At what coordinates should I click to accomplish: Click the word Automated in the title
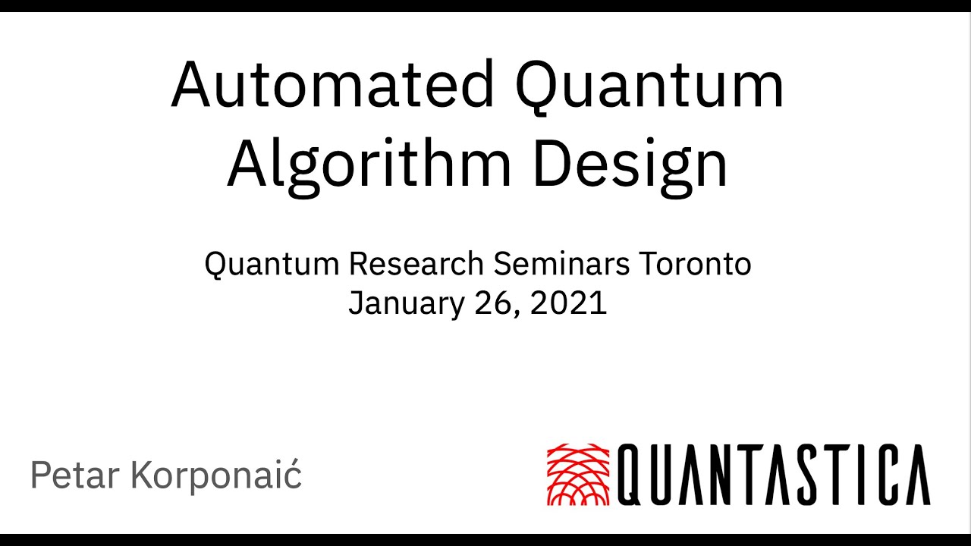pos(332,85)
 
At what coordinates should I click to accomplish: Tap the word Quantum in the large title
pos(649,85)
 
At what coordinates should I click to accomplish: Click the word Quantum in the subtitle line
pos(271,264)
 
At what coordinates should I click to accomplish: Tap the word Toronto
pos(695,264)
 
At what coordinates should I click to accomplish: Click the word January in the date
pos(397,303)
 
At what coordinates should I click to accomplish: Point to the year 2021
pos(569,303)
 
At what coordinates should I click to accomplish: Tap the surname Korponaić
pos(216,475)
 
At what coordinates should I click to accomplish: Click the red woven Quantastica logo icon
pos(579,475)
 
